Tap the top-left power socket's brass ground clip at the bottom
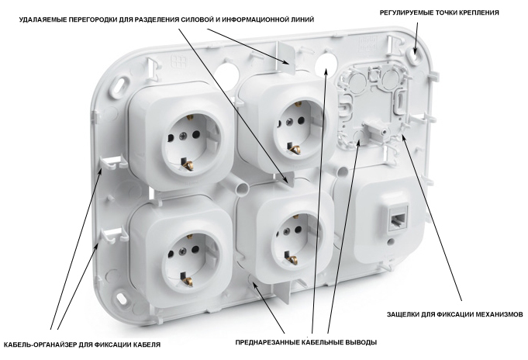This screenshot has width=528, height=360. (187, 164)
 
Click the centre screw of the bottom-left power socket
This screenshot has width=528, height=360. (183, 251)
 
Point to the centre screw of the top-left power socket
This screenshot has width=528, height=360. (183, 136)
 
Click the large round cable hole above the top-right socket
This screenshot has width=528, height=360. (326, 64)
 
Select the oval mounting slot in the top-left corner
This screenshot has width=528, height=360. (122, 83)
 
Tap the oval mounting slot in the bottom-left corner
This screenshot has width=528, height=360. (121, 298)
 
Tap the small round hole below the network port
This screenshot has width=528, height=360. (390, 242)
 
